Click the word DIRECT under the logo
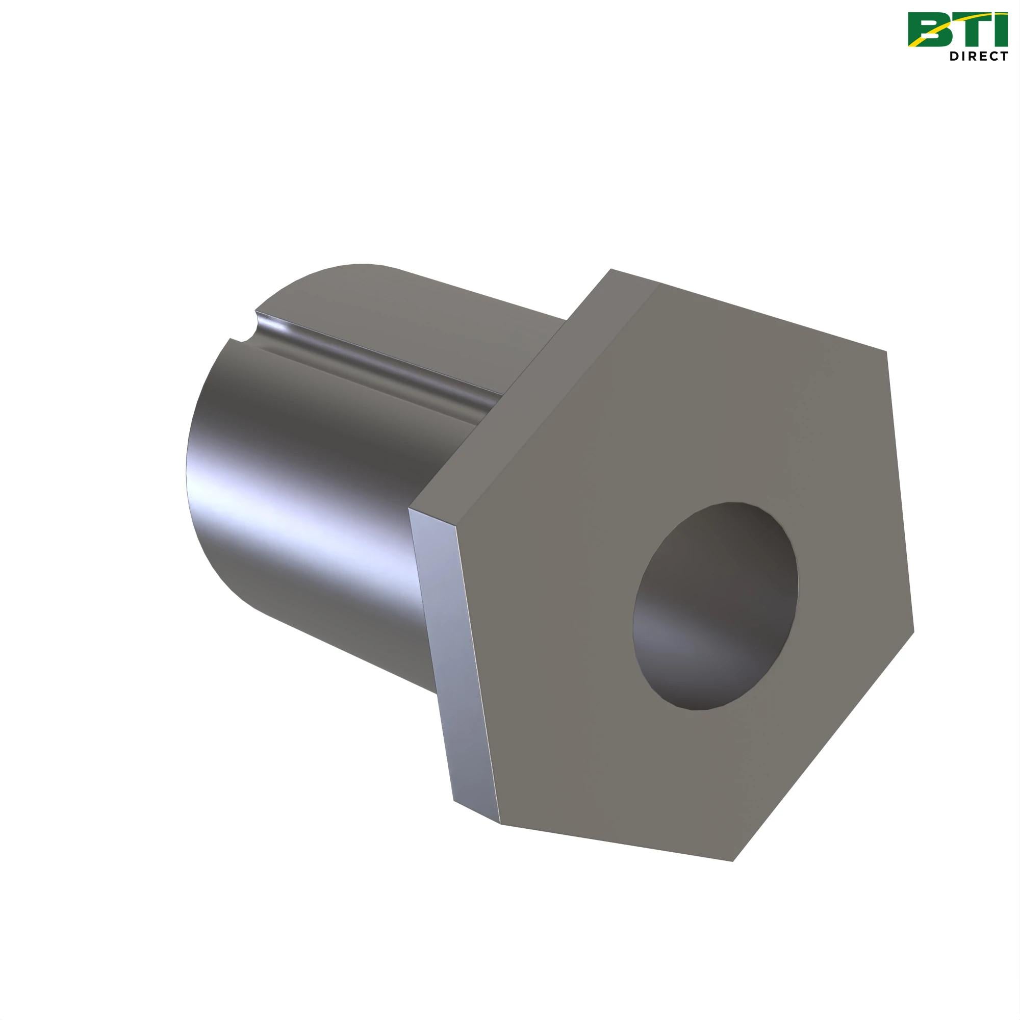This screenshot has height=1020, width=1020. [978, 56]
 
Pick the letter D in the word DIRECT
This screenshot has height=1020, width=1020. [955, 56]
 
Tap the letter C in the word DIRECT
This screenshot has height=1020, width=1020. [992, 56]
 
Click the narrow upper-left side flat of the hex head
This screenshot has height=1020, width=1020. [528, 401]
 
